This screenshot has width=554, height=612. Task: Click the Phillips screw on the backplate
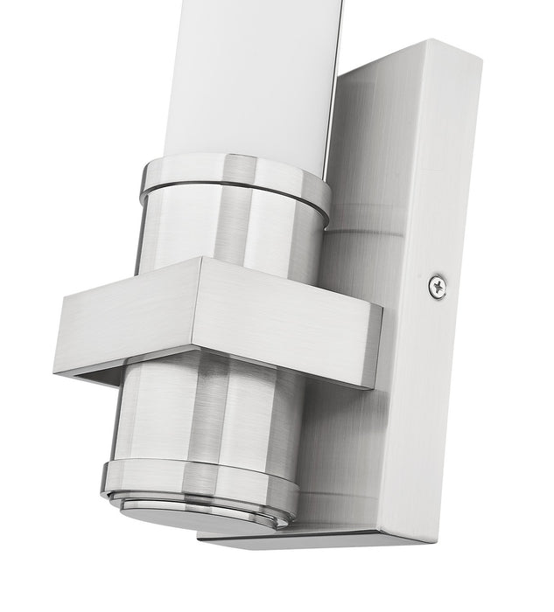(x=437, y=285)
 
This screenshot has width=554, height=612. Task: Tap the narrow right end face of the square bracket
(x=375, y=347)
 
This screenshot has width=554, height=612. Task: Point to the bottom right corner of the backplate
(x=431, y=538)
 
